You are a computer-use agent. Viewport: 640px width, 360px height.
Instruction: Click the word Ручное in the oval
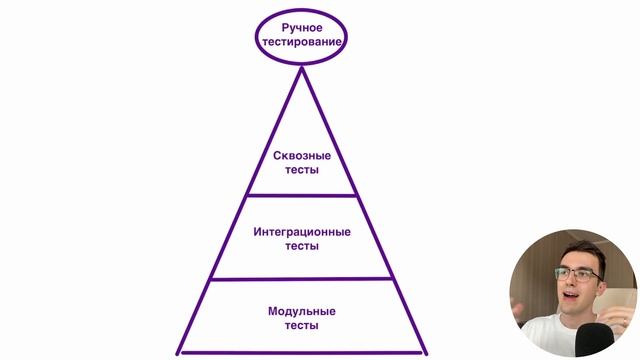click(302, 27)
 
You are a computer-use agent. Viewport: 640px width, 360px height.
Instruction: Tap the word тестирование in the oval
click(302, 42)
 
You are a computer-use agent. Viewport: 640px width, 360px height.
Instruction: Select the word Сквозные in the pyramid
click(302, 156)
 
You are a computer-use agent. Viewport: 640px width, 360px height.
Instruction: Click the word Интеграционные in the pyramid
click(302, 232)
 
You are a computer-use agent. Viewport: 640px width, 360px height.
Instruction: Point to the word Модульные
click(302, 311)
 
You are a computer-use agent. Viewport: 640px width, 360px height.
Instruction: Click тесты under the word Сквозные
click(302, 170)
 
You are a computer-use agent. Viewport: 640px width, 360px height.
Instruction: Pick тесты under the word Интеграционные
click(302, 246)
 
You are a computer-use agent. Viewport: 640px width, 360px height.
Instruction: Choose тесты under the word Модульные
click(302, 325)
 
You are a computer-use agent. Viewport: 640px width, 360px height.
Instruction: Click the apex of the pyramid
click(302, 68)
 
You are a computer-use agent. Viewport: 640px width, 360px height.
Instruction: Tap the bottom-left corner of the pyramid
click(179, 351)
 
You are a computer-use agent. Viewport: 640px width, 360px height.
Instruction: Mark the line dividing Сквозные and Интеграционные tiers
click(302, 194)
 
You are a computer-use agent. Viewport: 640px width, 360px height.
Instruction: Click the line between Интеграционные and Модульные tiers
click(302, 279)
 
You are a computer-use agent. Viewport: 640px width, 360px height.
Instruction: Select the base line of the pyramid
click(302, 351)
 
